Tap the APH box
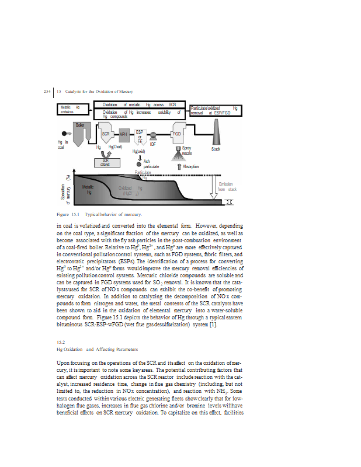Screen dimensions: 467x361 click(x=124, y=134)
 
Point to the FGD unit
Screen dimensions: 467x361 click(x=178, y=134)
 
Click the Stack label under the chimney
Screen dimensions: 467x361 click(x=216, y=149)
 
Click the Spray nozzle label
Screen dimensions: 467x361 click(x=186, y=151)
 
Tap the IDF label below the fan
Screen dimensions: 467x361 click(x=152, y=144)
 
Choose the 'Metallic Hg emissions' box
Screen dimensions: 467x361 click(x=74, y=110)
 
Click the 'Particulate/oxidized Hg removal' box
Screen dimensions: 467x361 click(x=214, y=110)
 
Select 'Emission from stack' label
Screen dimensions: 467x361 click(x=227, y=187)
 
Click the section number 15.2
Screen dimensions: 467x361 click(x=60, y=341)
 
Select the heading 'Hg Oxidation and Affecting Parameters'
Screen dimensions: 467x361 click(x=98, y=349)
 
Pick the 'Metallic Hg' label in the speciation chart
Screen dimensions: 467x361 click(x=87, y=189)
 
